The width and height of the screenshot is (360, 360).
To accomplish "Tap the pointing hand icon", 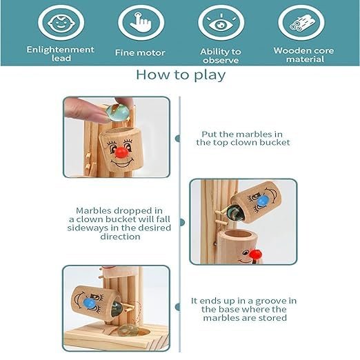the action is (x=141, y=22).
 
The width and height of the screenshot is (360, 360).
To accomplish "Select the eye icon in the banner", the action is (x=221, y=23).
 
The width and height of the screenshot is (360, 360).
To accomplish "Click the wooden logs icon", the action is (x=302, y=23).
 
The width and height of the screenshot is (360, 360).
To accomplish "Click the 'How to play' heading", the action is (x=181, y=75).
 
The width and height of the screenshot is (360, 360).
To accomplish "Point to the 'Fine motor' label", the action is (x=140, y=52).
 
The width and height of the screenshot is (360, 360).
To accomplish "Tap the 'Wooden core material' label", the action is (x=304, y=54).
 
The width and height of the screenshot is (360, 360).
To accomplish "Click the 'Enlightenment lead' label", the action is (x=60, y=54).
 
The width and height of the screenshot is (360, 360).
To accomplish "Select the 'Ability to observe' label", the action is (x=221, y=56).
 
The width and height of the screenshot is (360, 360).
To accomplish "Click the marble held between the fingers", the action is (x=117, y=112).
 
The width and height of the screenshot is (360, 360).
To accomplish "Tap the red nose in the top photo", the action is (x=121, y=152).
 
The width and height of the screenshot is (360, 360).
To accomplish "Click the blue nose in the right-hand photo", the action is (x=262, y=201).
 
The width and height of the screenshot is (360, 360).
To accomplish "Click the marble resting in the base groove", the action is (x=126, y=330).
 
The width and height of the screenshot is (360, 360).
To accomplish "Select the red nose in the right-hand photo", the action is (x=256, y=254).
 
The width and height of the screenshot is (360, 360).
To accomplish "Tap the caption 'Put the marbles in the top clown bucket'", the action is (x=243, y=138).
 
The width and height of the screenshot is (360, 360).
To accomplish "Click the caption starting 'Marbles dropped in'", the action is (x=119, y=223).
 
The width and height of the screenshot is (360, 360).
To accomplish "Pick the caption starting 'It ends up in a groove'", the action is (x=243, y=309).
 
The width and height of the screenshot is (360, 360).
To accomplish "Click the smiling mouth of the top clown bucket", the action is (x=122, y=163).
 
